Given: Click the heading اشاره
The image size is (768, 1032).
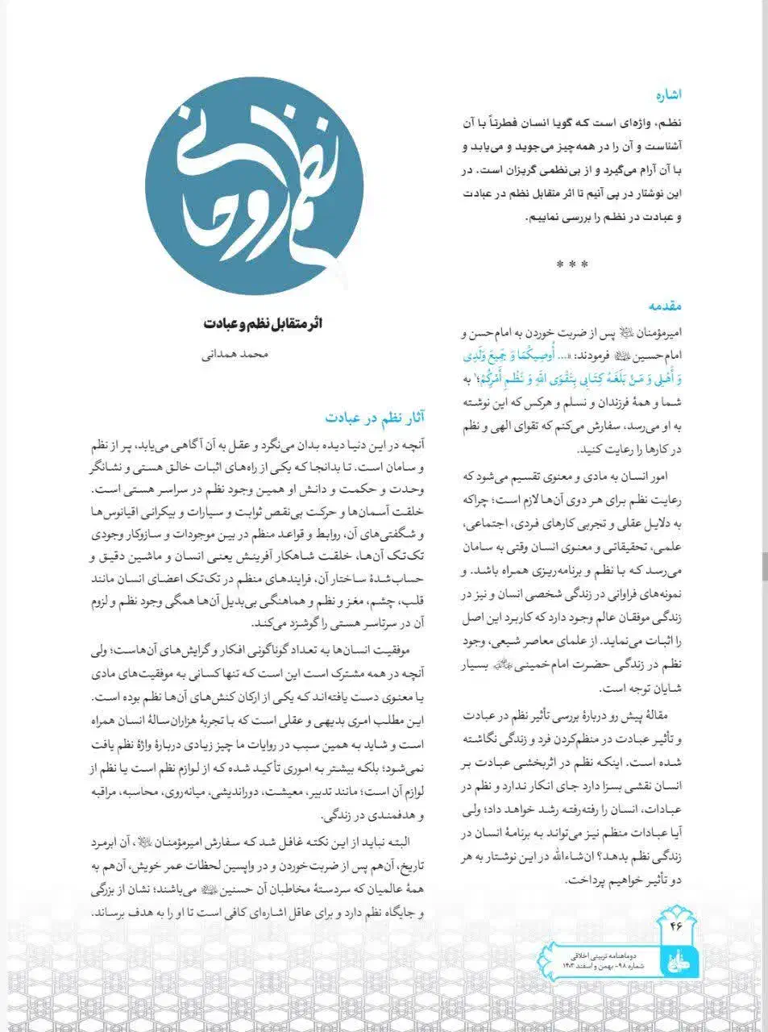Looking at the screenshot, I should click(669, 95).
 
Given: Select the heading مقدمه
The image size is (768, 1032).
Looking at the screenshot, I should click(666, 306).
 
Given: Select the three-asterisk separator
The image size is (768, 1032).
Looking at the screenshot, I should click(572, 264).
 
